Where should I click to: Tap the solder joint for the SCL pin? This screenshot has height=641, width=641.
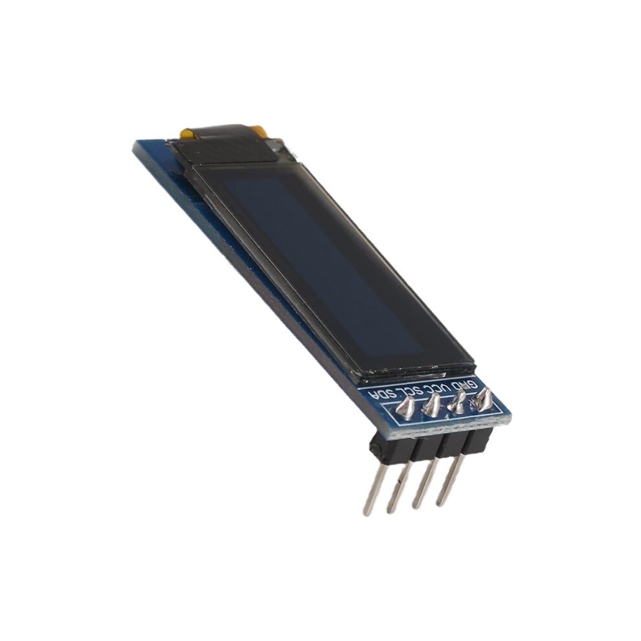click(x=432, y=404)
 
